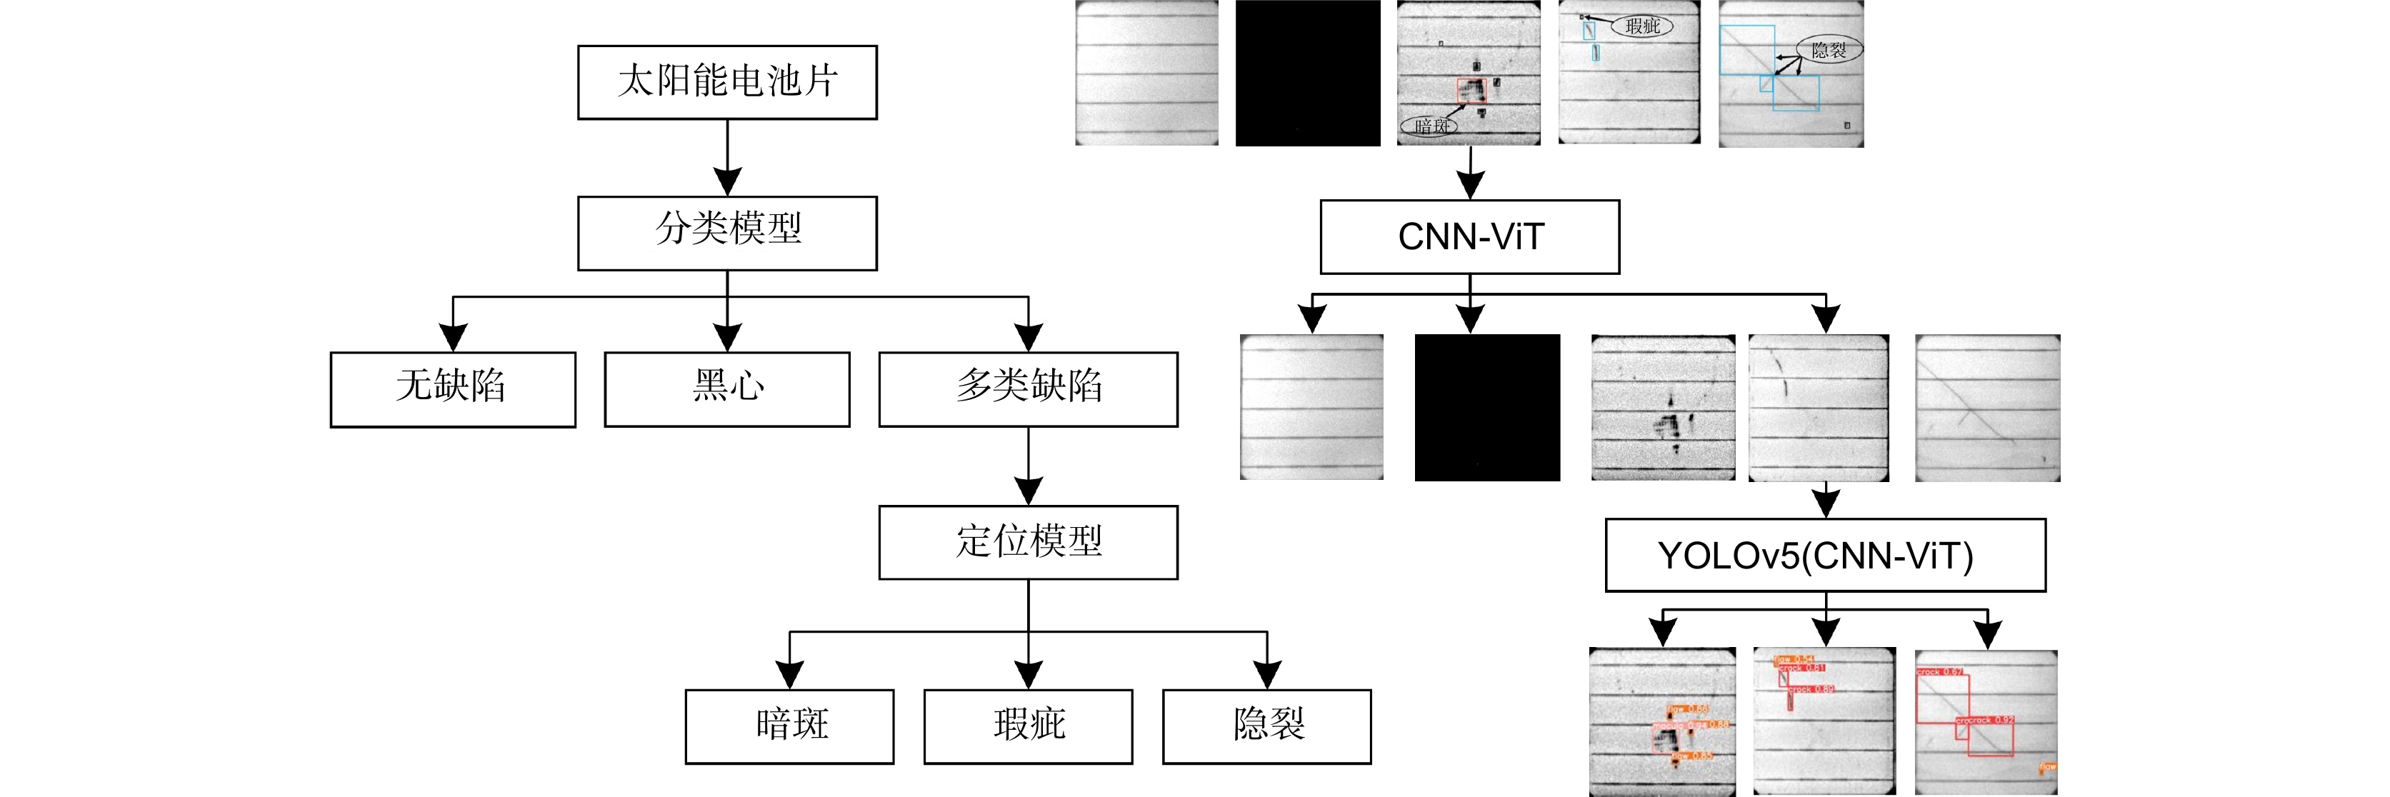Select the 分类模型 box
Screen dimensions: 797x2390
tap(726, 233)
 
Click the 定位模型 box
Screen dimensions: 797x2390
tap(1028, 542)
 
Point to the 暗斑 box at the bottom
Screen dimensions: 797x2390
tap(789, 726)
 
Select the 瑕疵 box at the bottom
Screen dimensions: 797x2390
tap(1028, 726)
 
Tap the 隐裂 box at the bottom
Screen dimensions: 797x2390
tap(1266, 726)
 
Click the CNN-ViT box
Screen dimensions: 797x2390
tap(1469, 236)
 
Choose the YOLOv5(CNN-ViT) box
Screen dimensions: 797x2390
tap(1825, 555)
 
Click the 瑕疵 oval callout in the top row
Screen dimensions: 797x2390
tap(1642, 26)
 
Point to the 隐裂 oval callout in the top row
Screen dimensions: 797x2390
tap(1829, 50)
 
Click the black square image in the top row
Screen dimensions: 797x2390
tap(1307, 72)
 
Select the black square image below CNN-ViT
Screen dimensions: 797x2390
tap(1487, 407)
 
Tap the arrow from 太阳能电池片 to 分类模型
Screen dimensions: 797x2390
tap(727, 158)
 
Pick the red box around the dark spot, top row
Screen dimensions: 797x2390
tap(1471, 91)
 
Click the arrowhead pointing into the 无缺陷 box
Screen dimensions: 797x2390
tap(453, 338)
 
